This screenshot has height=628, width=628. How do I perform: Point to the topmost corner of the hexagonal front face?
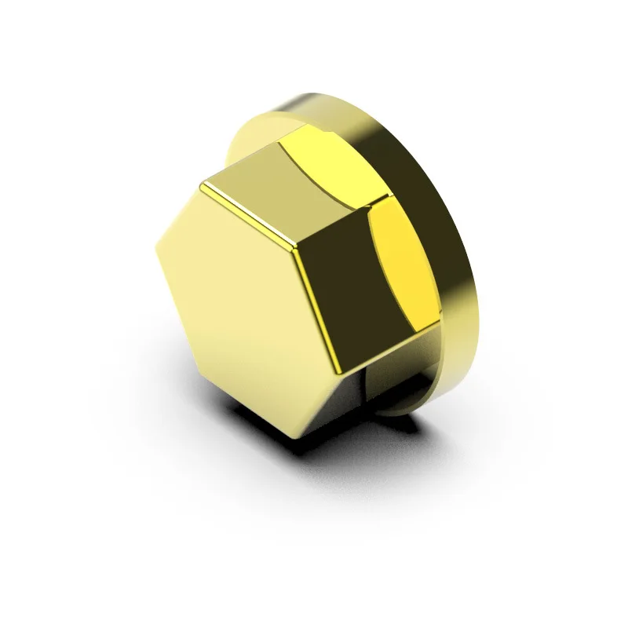point(202,185)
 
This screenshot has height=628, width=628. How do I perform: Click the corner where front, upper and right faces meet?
point(295,250)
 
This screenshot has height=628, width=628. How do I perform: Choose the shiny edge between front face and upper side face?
point(247,217)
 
